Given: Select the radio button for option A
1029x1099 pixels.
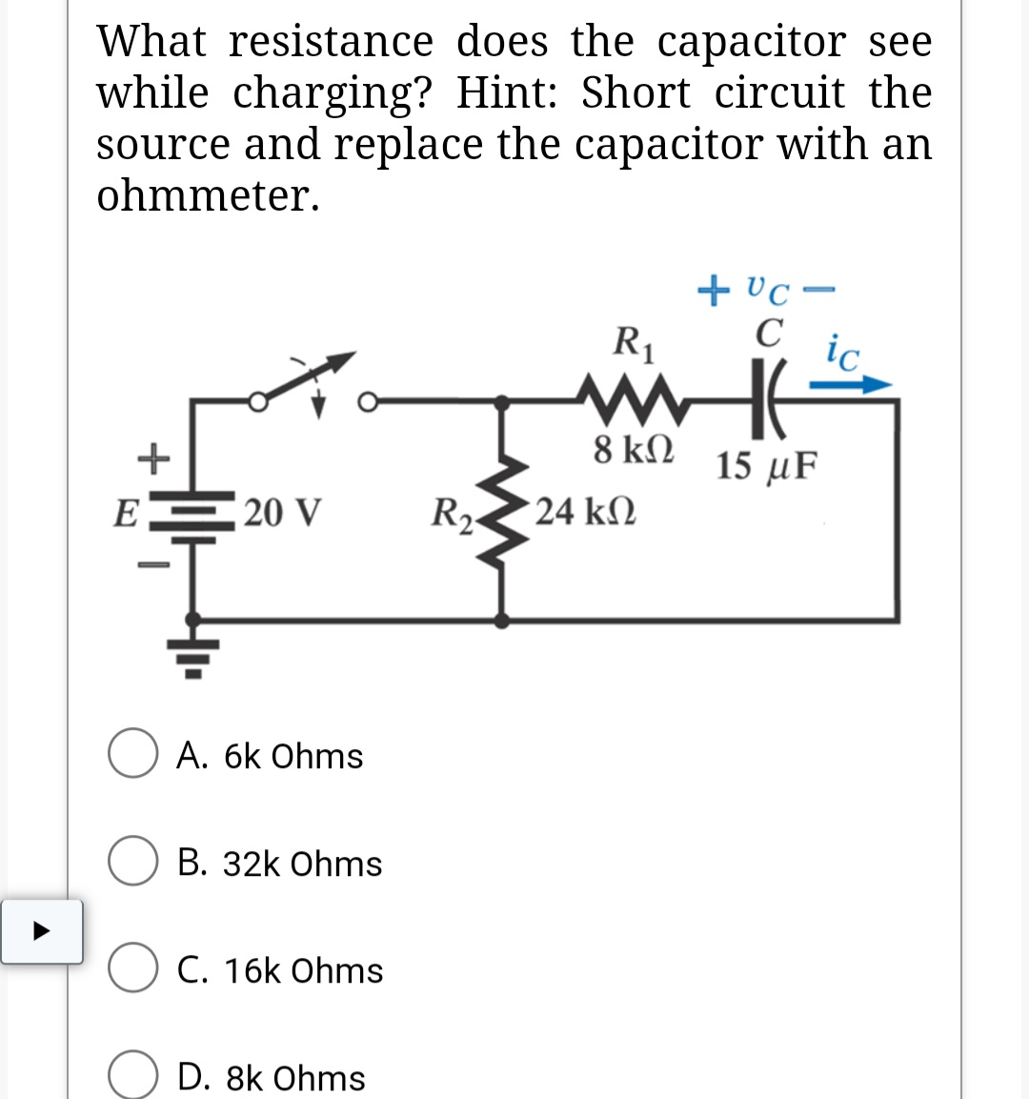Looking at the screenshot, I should (x=132, y=755).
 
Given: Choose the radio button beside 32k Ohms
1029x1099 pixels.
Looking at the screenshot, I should (x=132, y=863).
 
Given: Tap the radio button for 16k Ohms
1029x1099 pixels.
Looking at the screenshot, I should (x=132, y=969).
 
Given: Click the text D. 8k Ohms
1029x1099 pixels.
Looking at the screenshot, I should (x=272, y=1077).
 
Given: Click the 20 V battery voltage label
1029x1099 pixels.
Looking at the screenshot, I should (x=282, y=512).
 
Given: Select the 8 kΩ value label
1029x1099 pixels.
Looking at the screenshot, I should (x=634, y=449).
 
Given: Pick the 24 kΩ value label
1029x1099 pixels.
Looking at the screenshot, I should (x=585, y=512).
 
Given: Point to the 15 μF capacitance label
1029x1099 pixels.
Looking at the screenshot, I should (x=766, y=466).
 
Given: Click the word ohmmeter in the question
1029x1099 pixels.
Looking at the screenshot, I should (x=208, y=195).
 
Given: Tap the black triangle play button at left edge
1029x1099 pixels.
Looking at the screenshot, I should (x=41, y=931).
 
